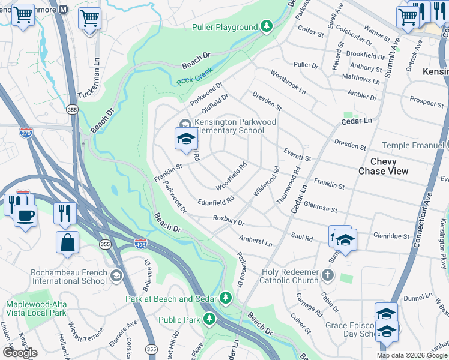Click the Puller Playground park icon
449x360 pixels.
266,27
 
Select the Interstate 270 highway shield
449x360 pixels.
26,133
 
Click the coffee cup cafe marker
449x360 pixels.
25,216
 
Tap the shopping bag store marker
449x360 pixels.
68,242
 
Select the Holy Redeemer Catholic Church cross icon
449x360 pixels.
327,275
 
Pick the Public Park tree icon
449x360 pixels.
209,319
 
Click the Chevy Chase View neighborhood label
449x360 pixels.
383,166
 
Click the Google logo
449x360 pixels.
19,353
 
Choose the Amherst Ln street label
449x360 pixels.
255,241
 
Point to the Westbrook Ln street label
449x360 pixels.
288,83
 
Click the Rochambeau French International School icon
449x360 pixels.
116,275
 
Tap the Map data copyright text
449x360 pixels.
411,355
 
